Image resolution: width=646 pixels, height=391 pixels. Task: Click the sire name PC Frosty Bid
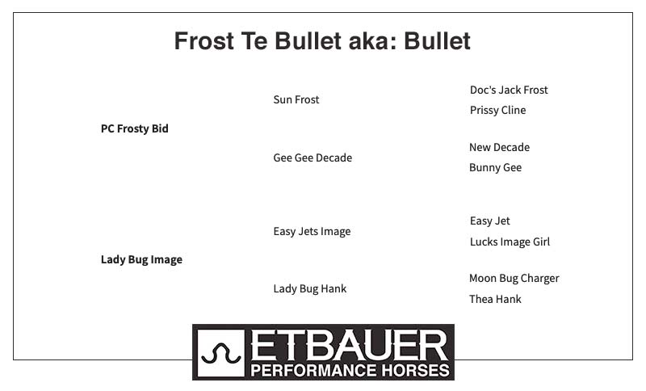[x=135, y=128]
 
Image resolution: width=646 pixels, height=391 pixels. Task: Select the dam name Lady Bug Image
[x=142, y=259]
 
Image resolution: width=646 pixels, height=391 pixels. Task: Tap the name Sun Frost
[x=296, y=99]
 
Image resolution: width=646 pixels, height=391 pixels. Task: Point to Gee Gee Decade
[x=313, y=158]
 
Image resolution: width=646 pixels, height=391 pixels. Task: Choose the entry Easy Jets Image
[x=312, y=232]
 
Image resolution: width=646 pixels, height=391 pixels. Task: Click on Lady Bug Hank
[x=310, y=289]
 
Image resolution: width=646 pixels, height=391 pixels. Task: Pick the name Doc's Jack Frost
[x=509, y=90]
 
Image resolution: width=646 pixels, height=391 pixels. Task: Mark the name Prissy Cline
[x=497, y=111]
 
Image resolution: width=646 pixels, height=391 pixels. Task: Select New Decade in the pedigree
[x=499, y=147]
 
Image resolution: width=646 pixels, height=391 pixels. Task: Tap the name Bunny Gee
[x=495, y=168]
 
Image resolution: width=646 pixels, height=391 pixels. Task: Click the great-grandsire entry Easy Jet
[x=490, y=221]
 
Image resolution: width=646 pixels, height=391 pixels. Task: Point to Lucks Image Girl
[x=510, y=242]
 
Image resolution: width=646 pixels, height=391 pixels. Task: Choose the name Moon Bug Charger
[x=514, y=279]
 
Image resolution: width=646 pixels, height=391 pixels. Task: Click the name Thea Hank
[x=495, y=299]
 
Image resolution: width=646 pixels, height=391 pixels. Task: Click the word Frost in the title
[x=204, y=40]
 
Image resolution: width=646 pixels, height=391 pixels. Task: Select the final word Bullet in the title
[x=437, y=40]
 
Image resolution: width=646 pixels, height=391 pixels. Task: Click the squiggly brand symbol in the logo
[x=221, y=355]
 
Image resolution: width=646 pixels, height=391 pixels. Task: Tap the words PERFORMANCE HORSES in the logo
[x=350, y=370]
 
